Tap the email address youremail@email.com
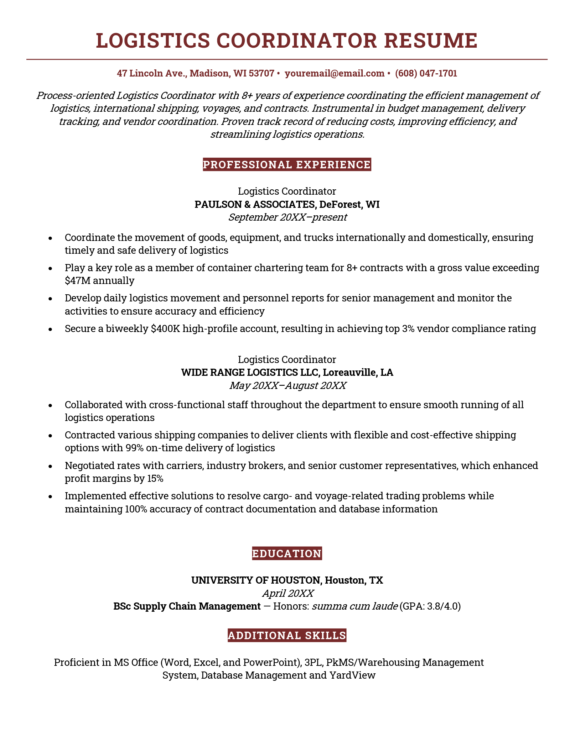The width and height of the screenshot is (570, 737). coord(335,73)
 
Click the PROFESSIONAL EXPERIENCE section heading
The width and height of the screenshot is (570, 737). coord(287,165)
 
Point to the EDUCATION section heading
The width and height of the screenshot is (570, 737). coord(287,554)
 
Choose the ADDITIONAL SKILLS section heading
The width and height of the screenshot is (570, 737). coord(287,635)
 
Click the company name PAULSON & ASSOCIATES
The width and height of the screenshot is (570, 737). coord(254,204)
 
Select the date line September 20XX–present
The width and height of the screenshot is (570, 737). coord(287,217)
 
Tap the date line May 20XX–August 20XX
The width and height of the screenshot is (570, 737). coord(287,385)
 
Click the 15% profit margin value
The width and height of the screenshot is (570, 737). coord(155,479)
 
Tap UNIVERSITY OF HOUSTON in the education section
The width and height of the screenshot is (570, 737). coord(256,580)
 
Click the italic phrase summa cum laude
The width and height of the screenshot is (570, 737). coord(354,606)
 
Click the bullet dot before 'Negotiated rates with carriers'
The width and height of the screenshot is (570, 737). coord(50,466)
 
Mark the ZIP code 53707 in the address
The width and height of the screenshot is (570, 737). coord(261,73)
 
